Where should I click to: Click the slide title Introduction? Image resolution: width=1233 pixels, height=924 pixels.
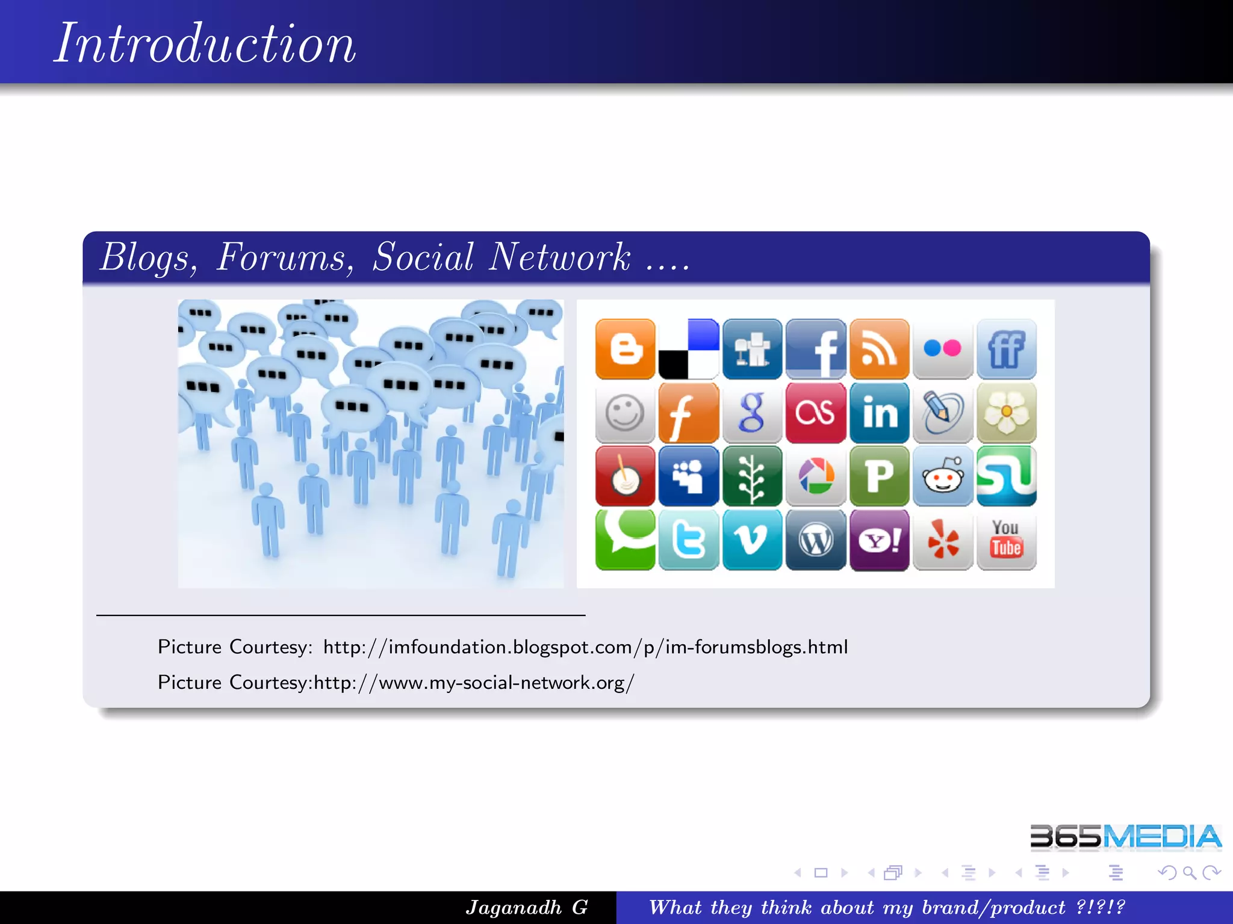tap(205, 43)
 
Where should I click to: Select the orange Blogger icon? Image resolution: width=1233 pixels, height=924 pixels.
tap(625, 349)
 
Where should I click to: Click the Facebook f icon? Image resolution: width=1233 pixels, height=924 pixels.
tap(816, 349)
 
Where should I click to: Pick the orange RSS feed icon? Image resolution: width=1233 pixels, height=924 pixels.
tap(879, 349)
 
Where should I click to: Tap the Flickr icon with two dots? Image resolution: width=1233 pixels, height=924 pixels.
tap(943, 349)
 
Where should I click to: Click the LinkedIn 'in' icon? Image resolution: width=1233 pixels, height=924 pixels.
tap(879, 413)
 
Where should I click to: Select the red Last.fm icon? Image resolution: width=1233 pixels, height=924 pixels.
tap(816, 413)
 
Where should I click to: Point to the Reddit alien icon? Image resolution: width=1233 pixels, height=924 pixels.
tap(943, 476)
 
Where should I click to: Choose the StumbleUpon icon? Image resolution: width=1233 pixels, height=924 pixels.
tap(1007, 476)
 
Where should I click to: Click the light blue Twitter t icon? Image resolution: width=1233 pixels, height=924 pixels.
tap(689, 540)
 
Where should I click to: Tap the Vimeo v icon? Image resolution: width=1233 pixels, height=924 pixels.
tap(752, 540)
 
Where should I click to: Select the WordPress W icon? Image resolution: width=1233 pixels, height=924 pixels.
tap(816, 540)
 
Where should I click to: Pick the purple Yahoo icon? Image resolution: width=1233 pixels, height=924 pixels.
tap(879, 540)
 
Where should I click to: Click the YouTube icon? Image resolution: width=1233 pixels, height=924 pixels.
tap(1007, 540)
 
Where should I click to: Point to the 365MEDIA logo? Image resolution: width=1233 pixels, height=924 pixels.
tap(1125, 837)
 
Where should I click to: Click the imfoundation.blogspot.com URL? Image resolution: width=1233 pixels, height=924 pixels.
tap(585, 647)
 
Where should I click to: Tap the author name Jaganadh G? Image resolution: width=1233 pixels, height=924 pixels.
tap(527, 907)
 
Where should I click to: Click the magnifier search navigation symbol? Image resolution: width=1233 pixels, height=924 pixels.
tap(1189, 872)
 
